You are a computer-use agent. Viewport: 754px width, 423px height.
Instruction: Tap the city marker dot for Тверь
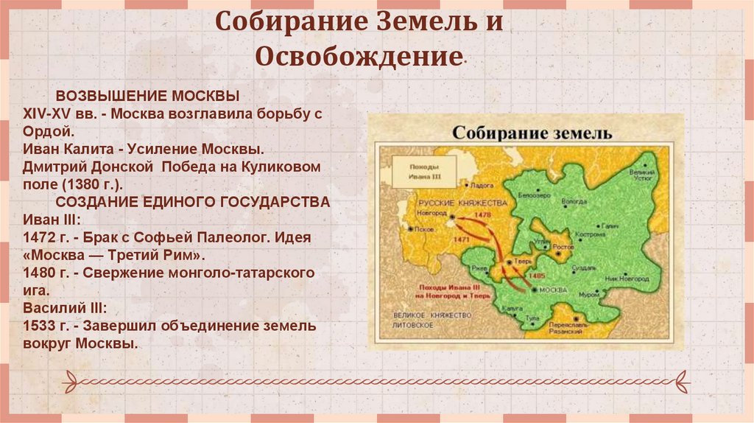click(509, 262)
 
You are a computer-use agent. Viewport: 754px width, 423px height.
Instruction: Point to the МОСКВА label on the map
click(554, 290)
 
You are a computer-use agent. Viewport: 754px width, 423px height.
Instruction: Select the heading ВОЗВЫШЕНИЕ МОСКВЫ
click(147, 97)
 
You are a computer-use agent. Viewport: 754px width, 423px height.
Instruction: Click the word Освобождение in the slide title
click(353, 57)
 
